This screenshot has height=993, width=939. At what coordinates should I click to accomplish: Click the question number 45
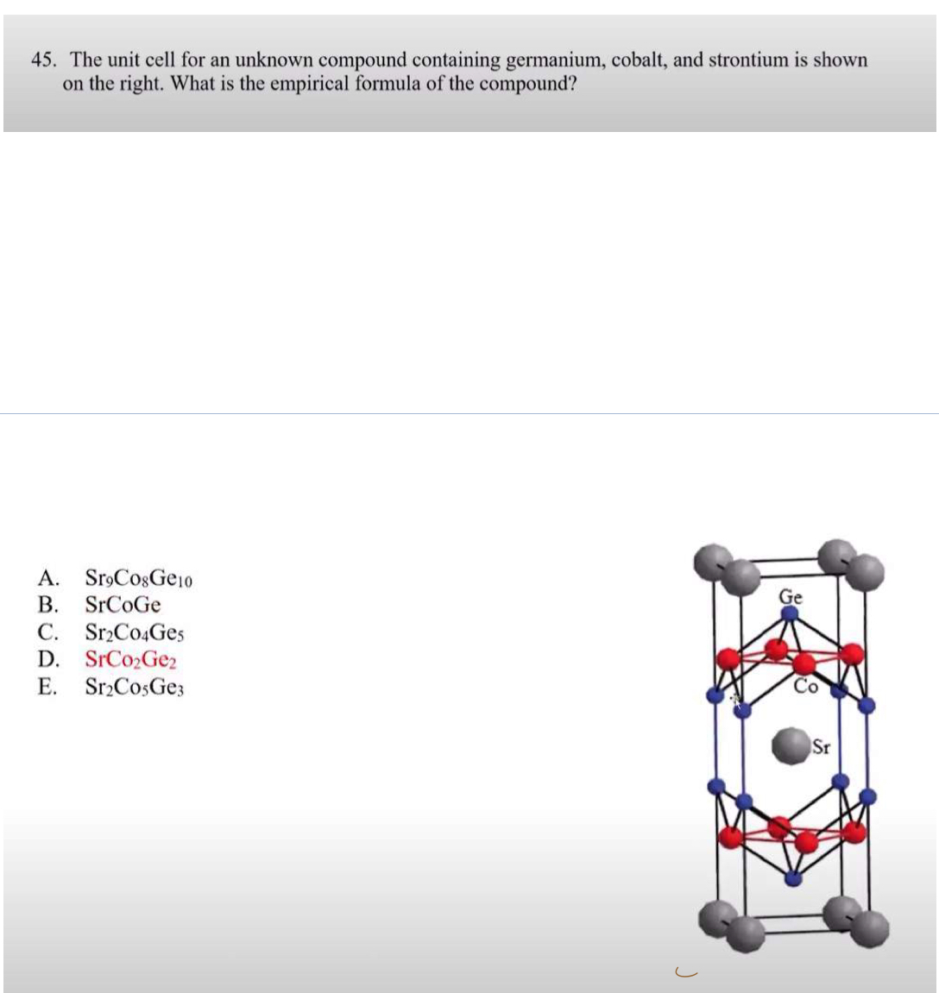click(x=44, y=60)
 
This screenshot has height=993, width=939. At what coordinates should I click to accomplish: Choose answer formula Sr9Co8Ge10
click(x=138, y=578)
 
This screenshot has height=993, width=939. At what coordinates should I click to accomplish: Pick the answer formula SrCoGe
click(x=123, y=605)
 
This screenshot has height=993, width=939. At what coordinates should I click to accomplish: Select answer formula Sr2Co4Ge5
click(x=135, y=632)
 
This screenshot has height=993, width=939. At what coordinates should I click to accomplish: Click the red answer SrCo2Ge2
click(x=131, y=660)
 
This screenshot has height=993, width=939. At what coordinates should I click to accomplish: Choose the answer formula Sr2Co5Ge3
click(x=135, y=688)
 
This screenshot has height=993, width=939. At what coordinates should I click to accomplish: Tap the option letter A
click(x=47, y=577)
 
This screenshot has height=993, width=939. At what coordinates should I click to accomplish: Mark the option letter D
click(x=47, y=660)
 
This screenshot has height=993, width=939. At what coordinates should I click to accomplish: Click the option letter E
click(x=47, y=688)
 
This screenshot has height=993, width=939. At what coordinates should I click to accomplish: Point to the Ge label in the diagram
click(x=791, y=596)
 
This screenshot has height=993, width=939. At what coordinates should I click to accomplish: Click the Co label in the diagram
click(x=805, y=687)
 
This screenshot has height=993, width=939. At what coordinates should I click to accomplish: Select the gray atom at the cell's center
click(x=788, y=746)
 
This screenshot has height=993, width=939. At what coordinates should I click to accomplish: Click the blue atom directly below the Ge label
click(x=790, y=613)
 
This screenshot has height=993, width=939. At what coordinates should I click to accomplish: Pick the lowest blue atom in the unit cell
click(x=792, y=878)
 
